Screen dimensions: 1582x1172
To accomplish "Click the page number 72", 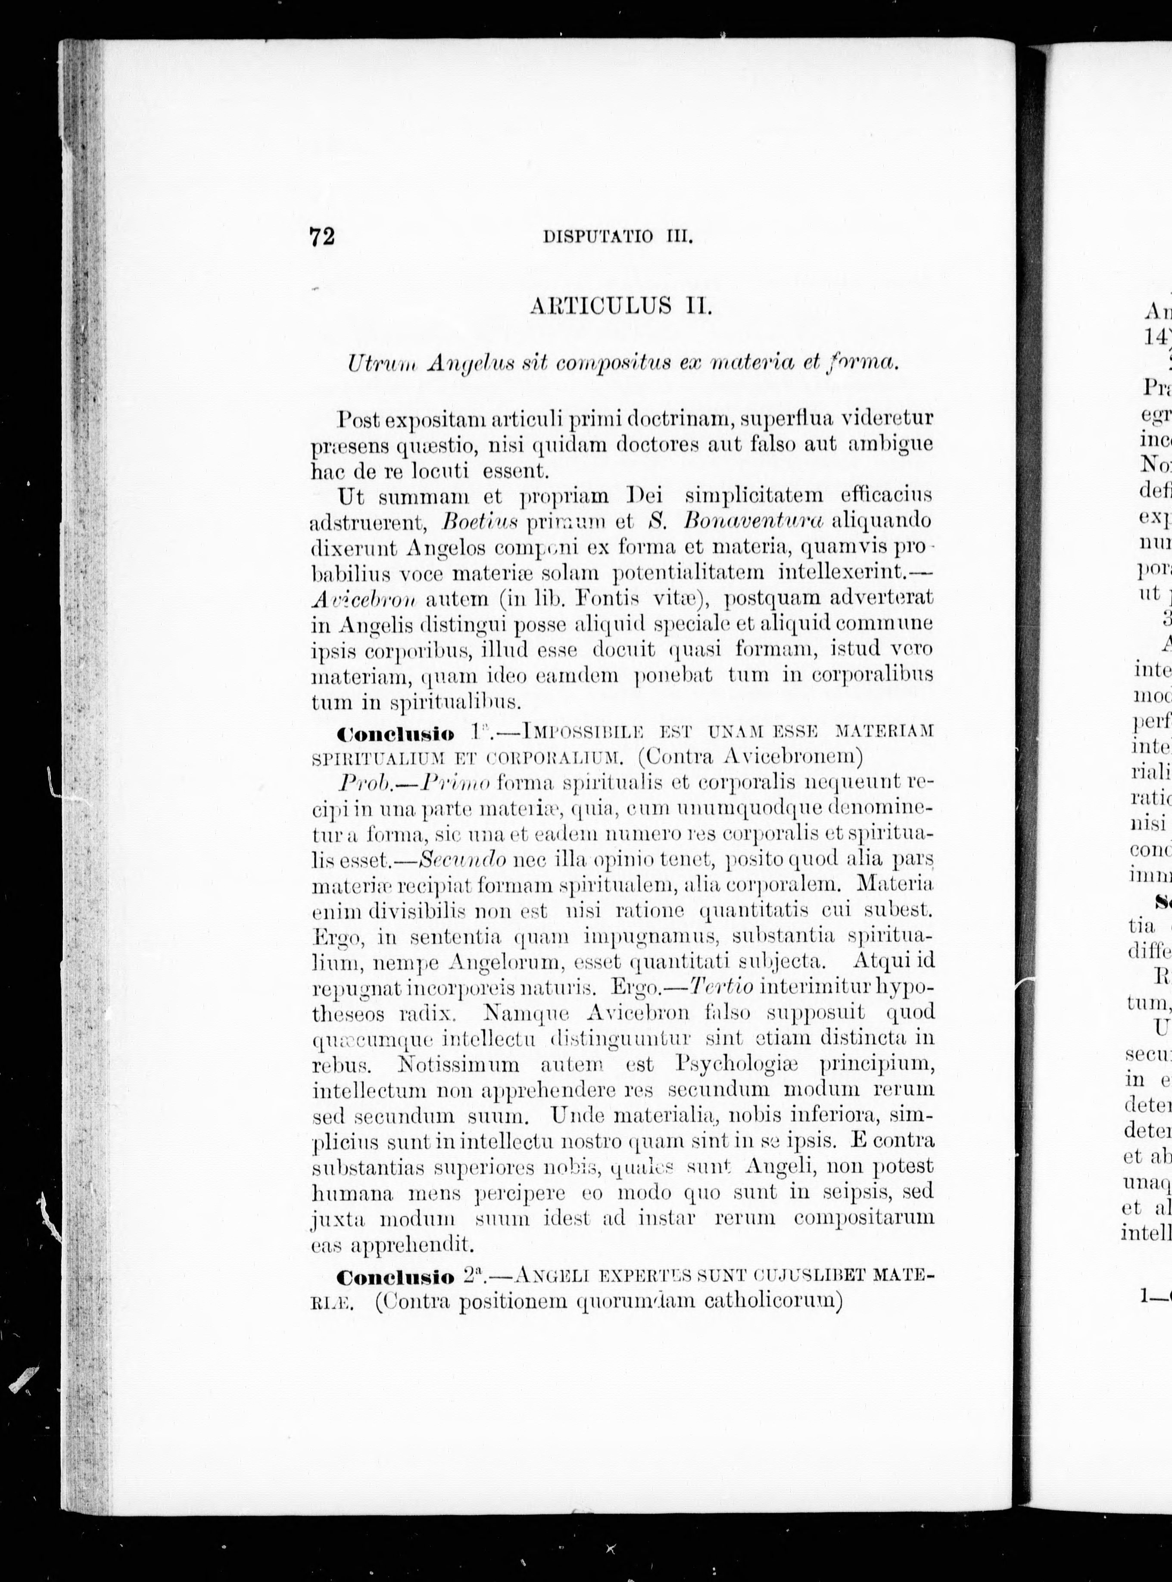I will point(322,236).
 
